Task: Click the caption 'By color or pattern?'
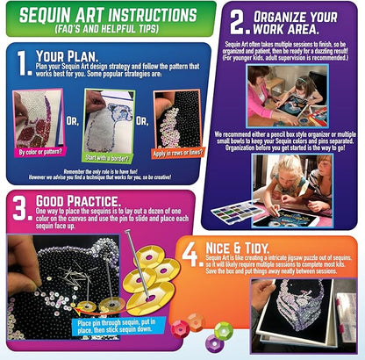pyautogui.click(x=42, y=151)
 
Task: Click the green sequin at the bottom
pyautogui.click(x=223, y=332)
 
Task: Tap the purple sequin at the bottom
pyautogui.click(x=197, y=343)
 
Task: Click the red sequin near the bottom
pyautogui.click(x=181, y=327)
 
